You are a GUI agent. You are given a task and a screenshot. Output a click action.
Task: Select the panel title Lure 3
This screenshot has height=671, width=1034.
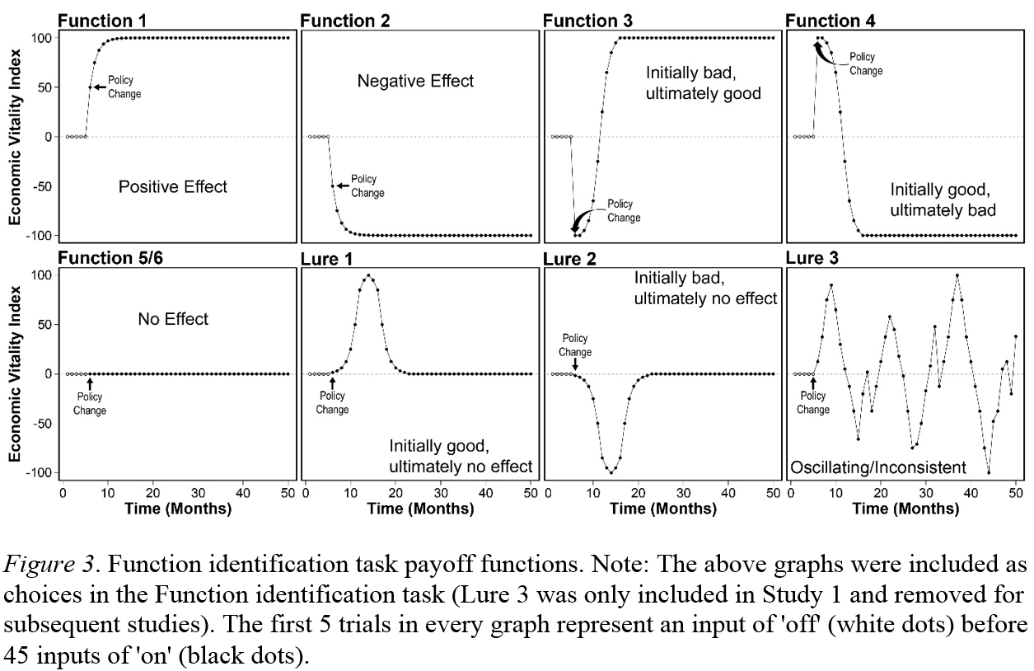[812, 259]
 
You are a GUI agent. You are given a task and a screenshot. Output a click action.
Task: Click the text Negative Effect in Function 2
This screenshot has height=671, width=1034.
[415, 82]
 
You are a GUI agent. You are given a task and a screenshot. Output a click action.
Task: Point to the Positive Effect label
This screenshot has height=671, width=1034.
[173, 187]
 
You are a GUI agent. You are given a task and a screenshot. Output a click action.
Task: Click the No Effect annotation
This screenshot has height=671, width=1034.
[173, 319]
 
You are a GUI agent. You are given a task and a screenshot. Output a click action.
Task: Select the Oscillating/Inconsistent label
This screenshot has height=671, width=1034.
[878, 468]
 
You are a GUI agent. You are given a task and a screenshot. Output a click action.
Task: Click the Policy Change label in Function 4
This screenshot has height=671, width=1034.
[866, 63]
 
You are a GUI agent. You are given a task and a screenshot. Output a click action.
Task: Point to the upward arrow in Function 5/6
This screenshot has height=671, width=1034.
[90, 382]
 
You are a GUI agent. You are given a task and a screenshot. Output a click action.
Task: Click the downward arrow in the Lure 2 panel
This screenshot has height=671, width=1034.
[575, 365]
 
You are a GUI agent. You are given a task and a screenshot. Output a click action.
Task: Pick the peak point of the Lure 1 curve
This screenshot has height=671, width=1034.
[368, 275]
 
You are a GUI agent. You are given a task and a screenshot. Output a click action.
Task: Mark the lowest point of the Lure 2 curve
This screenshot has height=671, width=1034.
[611, 472]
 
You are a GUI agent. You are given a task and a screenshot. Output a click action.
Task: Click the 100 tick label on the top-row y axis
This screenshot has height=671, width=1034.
[41, 38]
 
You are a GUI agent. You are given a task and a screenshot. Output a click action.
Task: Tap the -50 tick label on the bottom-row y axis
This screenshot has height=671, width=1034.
[40, 424]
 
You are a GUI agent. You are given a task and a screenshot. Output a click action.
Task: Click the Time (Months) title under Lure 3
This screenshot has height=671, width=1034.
[906, 509]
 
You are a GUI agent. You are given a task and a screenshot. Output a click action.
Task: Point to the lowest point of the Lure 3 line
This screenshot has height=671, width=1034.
[989, 472]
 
